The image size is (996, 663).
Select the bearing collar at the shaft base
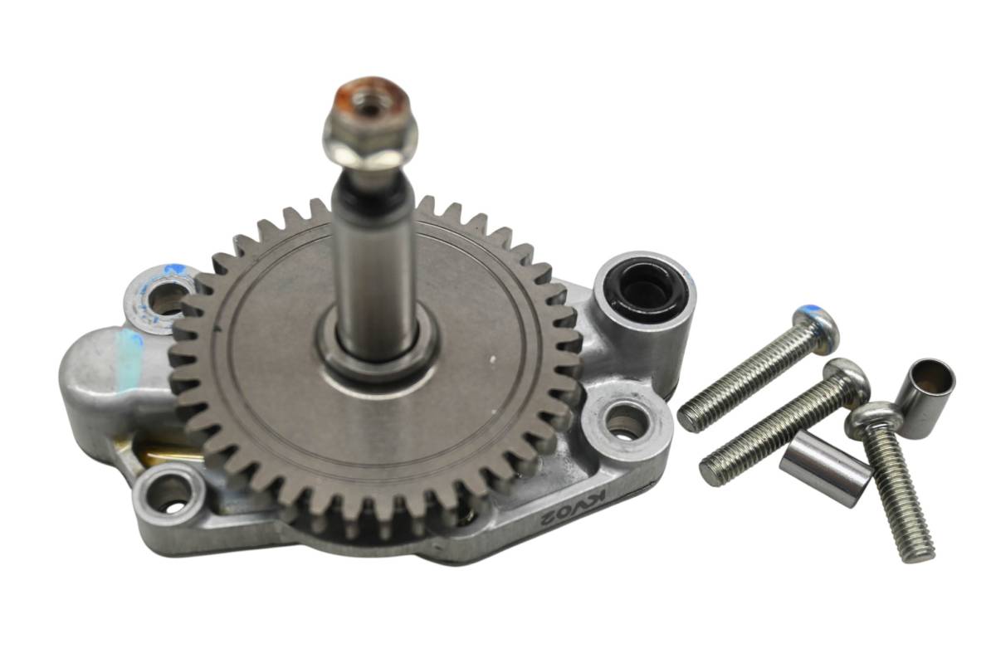pyautogui.click(x=378, y=351)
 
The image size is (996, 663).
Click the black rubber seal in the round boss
pyautogui.click(x=646, y=295)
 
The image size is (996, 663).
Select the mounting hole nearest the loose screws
pyautogui.click(x=626, y=422)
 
